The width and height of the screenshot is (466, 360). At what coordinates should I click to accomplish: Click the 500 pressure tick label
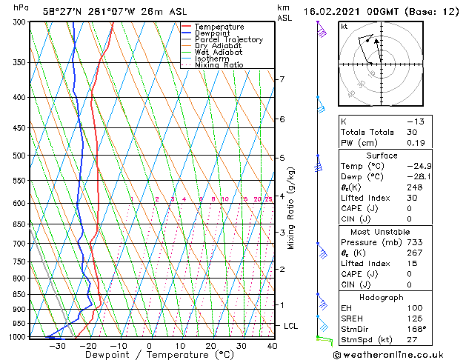tap(20, 156)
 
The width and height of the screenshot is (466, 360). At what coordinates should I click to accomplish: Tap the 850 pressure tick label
tap(20, 295)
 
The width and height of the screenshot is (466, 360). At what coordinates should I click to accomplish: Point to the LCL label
tap(291, 326)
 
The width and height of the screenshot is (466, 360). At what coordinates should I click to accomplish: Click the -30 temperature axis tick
tap(56, 346)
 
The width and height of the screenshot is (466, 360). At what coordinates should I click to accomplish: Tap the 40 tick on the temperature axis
tap(272, 346)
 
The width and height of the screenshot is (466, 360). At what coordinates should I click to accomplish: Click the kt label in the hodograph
tap(344, 26)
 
